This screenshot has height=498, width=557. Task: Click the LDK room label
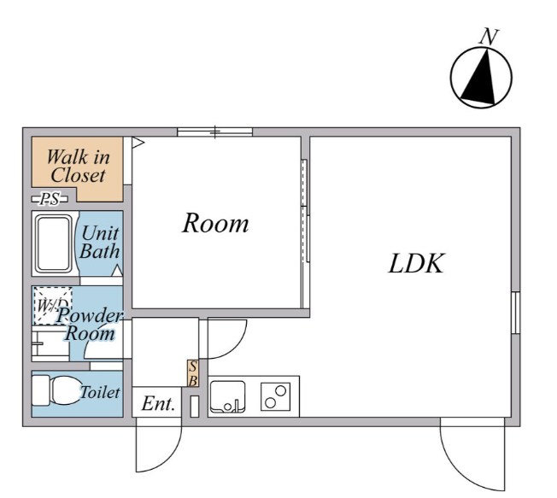point(416,264)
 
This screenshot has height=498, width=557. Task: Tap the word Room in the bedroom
point(215,223)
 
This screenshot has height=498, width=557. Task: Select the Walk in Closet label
point(78,166)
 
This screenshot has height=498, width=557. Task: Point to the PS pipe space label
point(50,199)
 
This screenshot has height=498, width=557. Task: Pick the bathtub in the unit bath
point(54,243)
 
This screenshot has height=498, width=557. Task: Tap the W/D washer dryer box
point(53,306)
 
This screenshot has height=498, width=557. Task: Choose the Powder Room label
point(90,325)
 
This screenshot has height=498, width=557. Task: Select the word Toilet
point(100,392)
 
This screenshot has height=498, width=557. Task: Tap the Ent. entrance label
point(158,403)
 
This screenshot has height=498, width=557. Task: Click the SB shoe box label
point(193,373)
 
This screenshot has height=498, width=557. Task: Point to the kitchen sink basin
point(227,396)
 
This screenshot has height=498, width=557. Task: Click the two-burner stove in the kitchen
point(276,396)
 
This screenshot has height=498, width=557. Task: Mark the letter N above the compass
point(489,36)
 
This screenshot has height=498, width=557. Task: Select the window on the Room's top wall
point(215,132)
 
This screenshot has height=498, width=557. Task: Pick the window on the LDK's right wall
point(516,313)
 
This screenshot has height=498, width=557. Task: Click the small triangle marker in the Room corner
point(138,143)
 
